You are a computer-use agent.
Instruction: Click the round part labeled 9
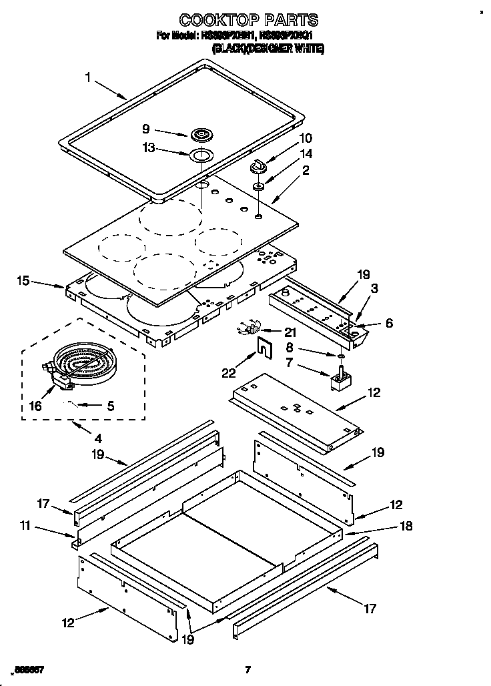(200, 135)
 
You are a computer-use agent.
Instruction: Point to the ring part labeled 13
(199, 156)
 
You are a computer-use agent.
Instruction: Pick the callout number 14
(306, 153)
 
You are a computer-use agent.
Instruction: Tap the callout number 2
(306, 170)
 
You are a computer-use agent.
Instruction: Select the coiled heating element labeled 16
(83, 366)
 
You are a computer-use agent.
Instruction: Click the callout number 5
(111, 404)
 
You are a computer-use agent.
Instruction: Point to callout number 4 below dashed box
(98, 438)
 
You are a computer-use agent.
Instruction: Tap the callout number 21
(290, 331)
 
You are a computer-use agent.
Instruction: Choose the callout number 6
(389, 323)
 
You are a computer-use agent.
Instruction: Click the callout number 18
(404, 527)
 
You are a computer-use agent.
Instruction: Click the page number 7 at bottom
(247, 669)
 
